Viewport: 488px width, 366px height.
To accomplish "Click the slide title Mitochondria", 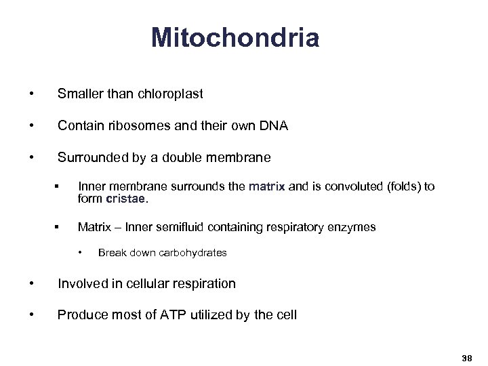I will click(x=235, y=38).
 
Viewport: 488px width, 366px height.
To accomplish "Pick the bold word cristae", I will click(x=126, y=199).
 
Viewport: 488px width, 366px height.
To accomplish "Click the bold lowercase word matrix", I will click(x=267, y=187).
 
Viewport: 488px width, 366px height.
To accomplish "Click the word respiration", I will click(x=204, y=284).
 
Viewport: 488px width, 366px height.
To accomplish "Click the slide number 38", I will click(x=466, y=357).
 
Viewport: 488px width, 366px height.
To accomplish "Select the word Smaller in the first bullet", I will click(x=81, y=94).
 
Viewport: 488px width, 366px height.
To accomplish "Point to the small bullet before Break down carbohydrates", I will click(x=81, y=253).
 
